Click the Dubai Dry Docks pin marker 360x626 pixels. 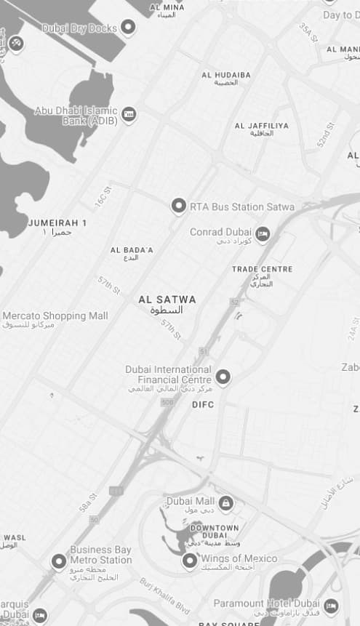[x=128, y=28]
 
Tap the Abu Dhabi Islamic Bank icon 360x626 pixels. [x=129, y=114]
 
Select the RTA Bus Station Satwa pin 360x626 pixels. [x=178, y=206]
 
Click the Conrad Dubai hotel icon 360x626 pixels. [x=263, y=233]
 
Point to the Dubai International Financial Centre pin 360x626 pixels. [x=223, y=376]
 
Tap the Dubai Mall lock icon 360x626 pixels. [x=226, y=502]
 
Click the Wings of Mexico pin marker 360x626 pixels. [x=189, y=560]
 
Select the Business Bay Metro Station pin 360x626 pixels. [x=58, y=561]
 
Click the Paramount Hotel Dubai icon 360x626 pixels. [x=331, y=605]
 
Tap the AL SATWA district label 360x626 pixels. [x=167, y=299]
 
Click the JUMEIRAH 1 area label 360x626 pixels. [x=57, y=222]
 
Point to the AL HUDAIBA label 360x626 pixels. [x=226, y=75]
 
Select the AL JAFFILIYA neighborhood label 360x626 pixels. [x=261, y=126]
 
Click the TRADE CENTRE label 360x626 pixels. [x=262, y=269]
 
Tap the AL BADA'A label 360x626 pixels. [x=132, y=250]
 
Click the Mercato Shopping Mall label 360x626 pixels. [x=55, y=316]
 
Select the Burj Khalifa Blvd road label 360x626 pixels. [x=164, y=595]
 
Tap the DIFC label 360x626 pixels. [x=203, y=404]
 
